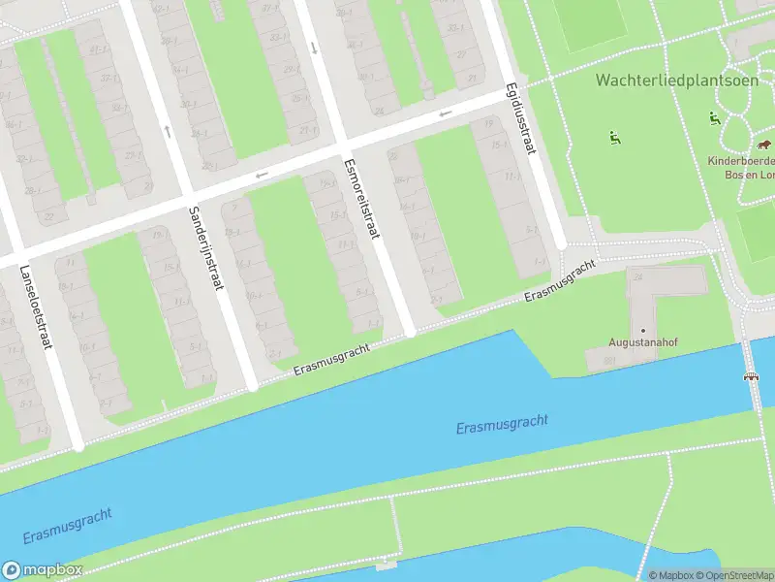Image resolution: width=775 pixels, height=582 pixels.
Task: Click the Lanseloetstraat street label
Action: [x=32, y=309]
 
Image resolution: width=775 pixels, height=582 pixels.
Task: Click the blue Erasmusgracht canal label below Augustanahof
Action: [x=502, y=424]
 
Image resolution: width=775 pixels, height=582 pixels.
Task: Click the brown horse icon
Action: [x=765, y=145]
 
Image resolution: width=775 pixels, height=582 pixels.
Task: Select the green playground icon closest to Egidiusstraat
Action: [x=614, y=138]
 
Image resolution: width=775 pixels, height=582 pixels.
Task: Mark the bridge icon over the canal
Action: [x=751, y=376]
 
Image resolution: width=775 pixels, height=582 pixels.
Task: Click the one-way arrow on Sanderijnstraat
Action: [x=168, y=131]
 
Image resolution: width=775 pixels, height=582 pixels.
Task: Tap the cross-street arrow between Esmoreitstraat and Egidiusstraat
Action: [x=446, y=113]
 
